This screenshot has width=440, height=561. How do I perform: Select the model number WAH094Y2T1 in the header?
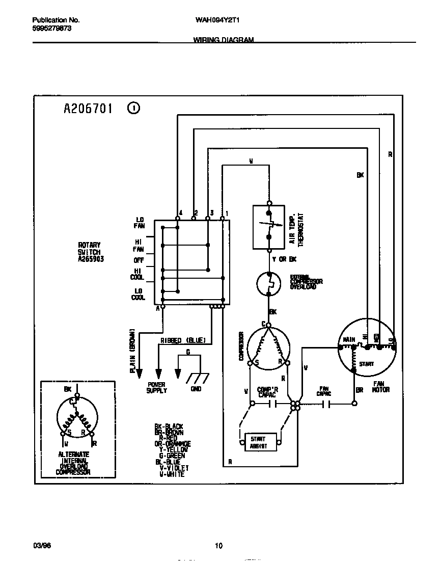pos(218,20)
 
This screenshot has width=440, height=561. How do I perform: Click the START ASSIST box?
pos(262,441)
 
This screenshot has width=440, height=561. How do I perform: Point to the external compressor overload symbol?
pos(268,283)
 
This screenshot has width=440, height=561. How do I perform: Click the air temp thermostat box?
pos(268,227)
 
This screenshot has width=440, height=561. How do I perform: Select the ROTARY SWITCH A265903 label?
pos(89,252)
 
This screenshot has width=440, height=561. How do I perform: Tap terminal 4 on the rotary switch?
pos(177,218)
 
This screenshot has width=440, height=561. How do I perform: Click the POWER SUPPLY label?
pos(157,388)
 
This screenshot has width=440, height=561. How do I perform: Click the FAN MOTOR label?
pos(380,387)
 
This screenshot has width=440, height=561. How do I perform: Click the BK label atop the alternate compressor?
pos(68,389)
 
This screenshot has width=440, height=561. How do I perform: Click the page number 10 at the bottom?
pos(218,546)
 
